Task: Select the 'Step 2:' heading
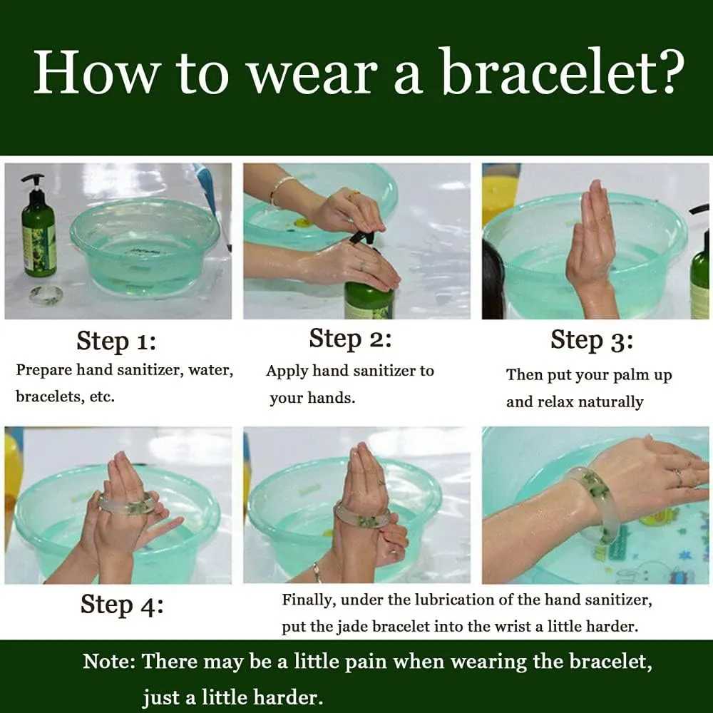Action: point(350,339)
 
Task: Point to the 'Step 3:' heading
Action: point(592,341)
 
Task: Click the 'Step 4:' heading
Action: point(122,605)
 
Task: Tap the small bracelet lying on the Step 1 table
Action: point(44,296)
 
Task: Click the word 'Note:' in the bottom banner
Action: point(110,662)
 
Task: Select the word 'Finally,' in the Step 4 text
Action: point(309,600)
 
